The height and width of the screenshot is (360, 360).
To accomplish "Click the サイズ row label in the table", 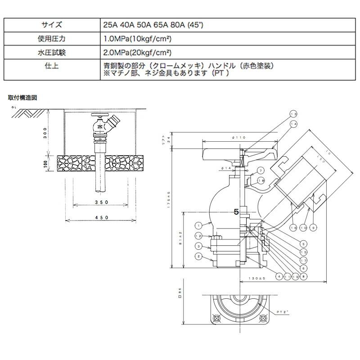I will click(52, 25).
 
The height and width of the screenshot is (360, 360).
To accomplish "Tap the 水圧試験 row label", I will click(52, 52).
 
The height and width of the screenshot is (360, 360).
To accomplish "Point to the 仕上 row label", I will click(52, 66).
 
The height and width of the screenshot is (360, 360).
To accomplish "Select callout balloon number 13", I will click(293, 114).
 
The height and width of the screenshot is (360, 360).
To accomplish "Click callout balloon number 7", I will click(260, 170).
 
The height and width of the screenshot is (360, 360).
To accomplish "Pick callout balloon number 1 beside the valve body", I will click(198, 225).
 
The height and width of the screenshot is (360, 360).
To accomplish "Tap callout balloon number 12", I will click(198, 236).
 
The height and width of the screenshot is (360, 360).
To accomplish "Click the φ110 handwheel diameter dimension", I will click(238, 137).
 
